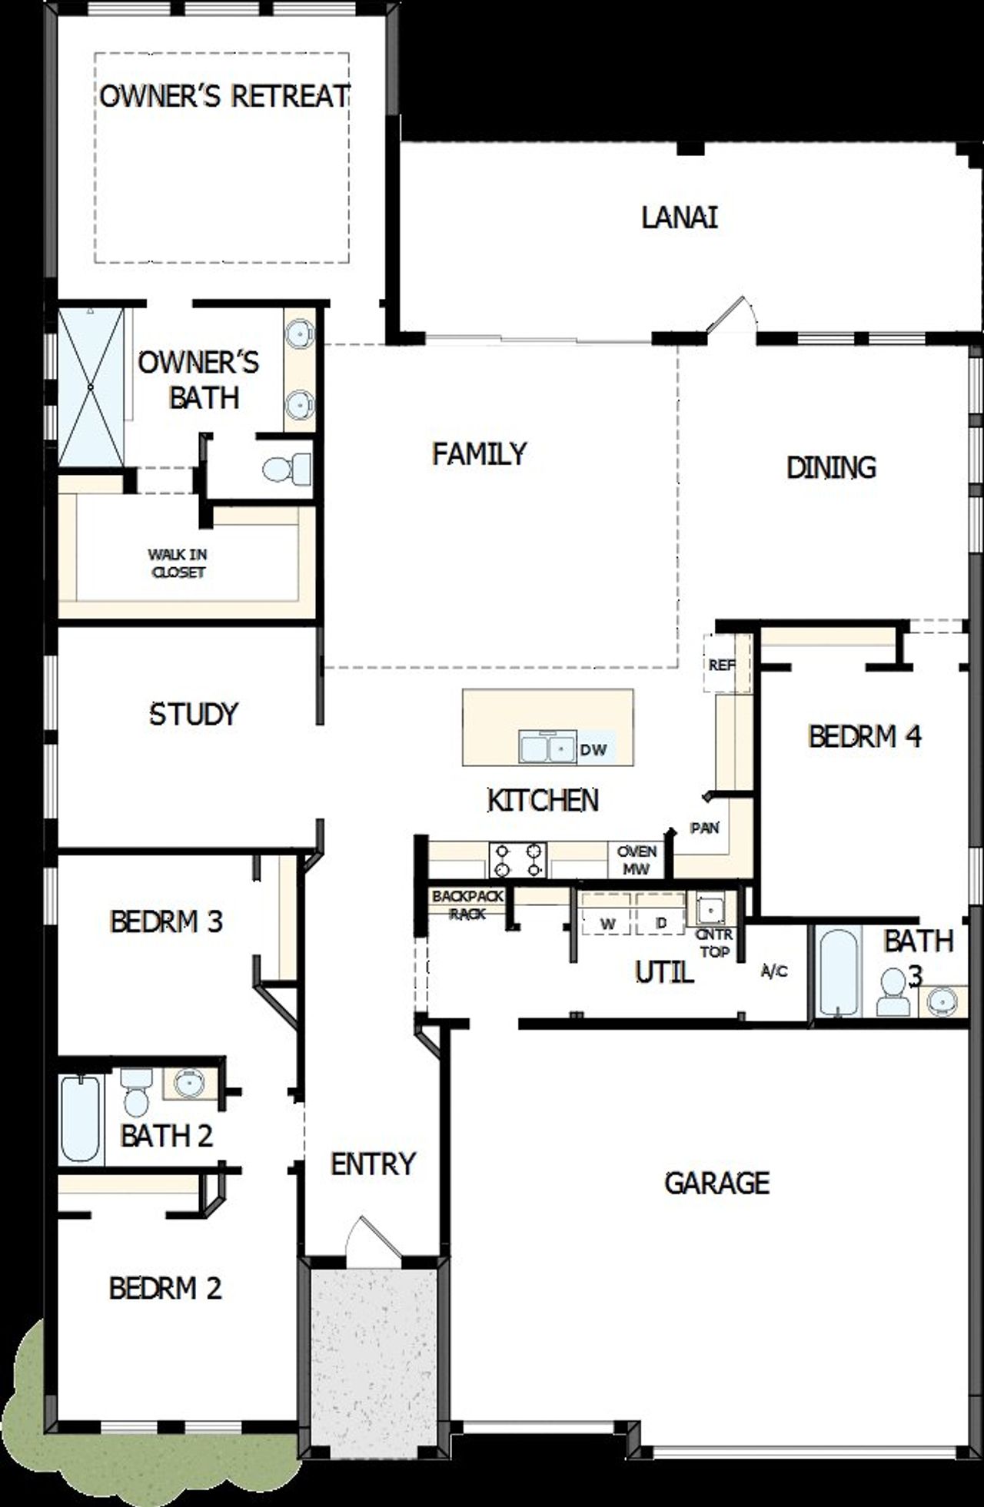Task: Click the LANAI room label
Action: click(680, 217)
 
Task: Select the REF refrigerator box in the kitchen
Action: click(720, 665)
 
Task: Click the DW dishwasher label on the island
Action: click(593, 750)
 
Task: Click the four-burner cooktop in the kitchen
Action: click(518, 860)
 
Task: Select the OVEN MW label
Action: click(637, 860)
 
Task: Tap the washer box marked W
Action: click(607, 924)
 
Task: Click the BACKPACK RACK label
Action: click(467, 905)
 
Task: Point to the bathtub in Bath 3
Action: click(837, 972)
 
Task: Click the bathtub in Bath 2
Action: click(81, 1118)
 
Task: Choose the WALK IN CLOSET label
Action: click(178, 563)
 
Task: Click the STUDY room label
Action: click(193, 714)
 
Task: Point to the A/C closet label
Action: click(774, 971)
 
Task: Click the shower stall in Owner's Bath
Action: click(91, 387)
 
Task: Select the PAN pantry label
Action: click(704, 828)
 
